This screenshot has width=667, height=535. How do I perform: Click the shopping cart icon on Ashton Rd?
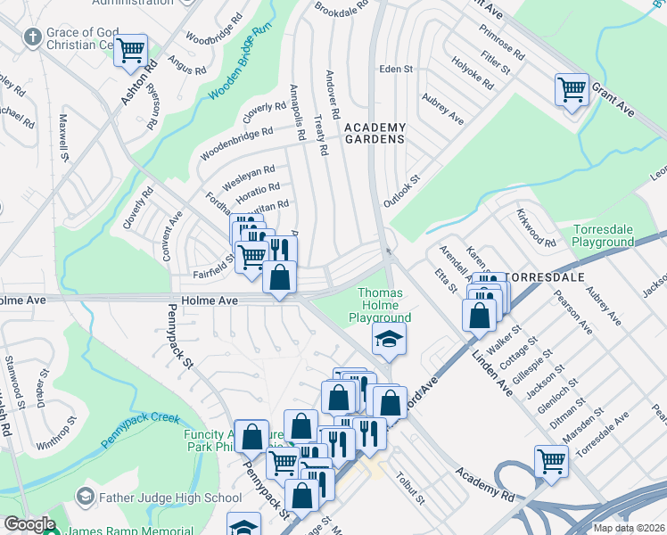click(x=132, y=50)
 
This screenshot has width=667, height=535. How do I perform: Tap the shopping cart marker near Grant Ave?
click(x=571, y=89)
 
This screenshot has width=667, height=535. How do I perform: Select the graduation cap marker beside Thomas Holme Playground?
click(x=390, y=338)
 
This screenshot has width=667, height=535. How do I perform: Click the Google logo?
click(x=29, y=524)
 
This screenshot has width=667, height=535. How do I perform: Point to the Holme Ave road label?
click(x=210, y=300)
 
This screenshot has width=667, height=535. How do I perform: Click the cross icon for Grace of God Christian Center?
click(x=33, y=37)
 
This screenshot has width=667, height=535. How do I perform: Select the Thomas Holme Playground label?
click(x=384, y=305)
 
